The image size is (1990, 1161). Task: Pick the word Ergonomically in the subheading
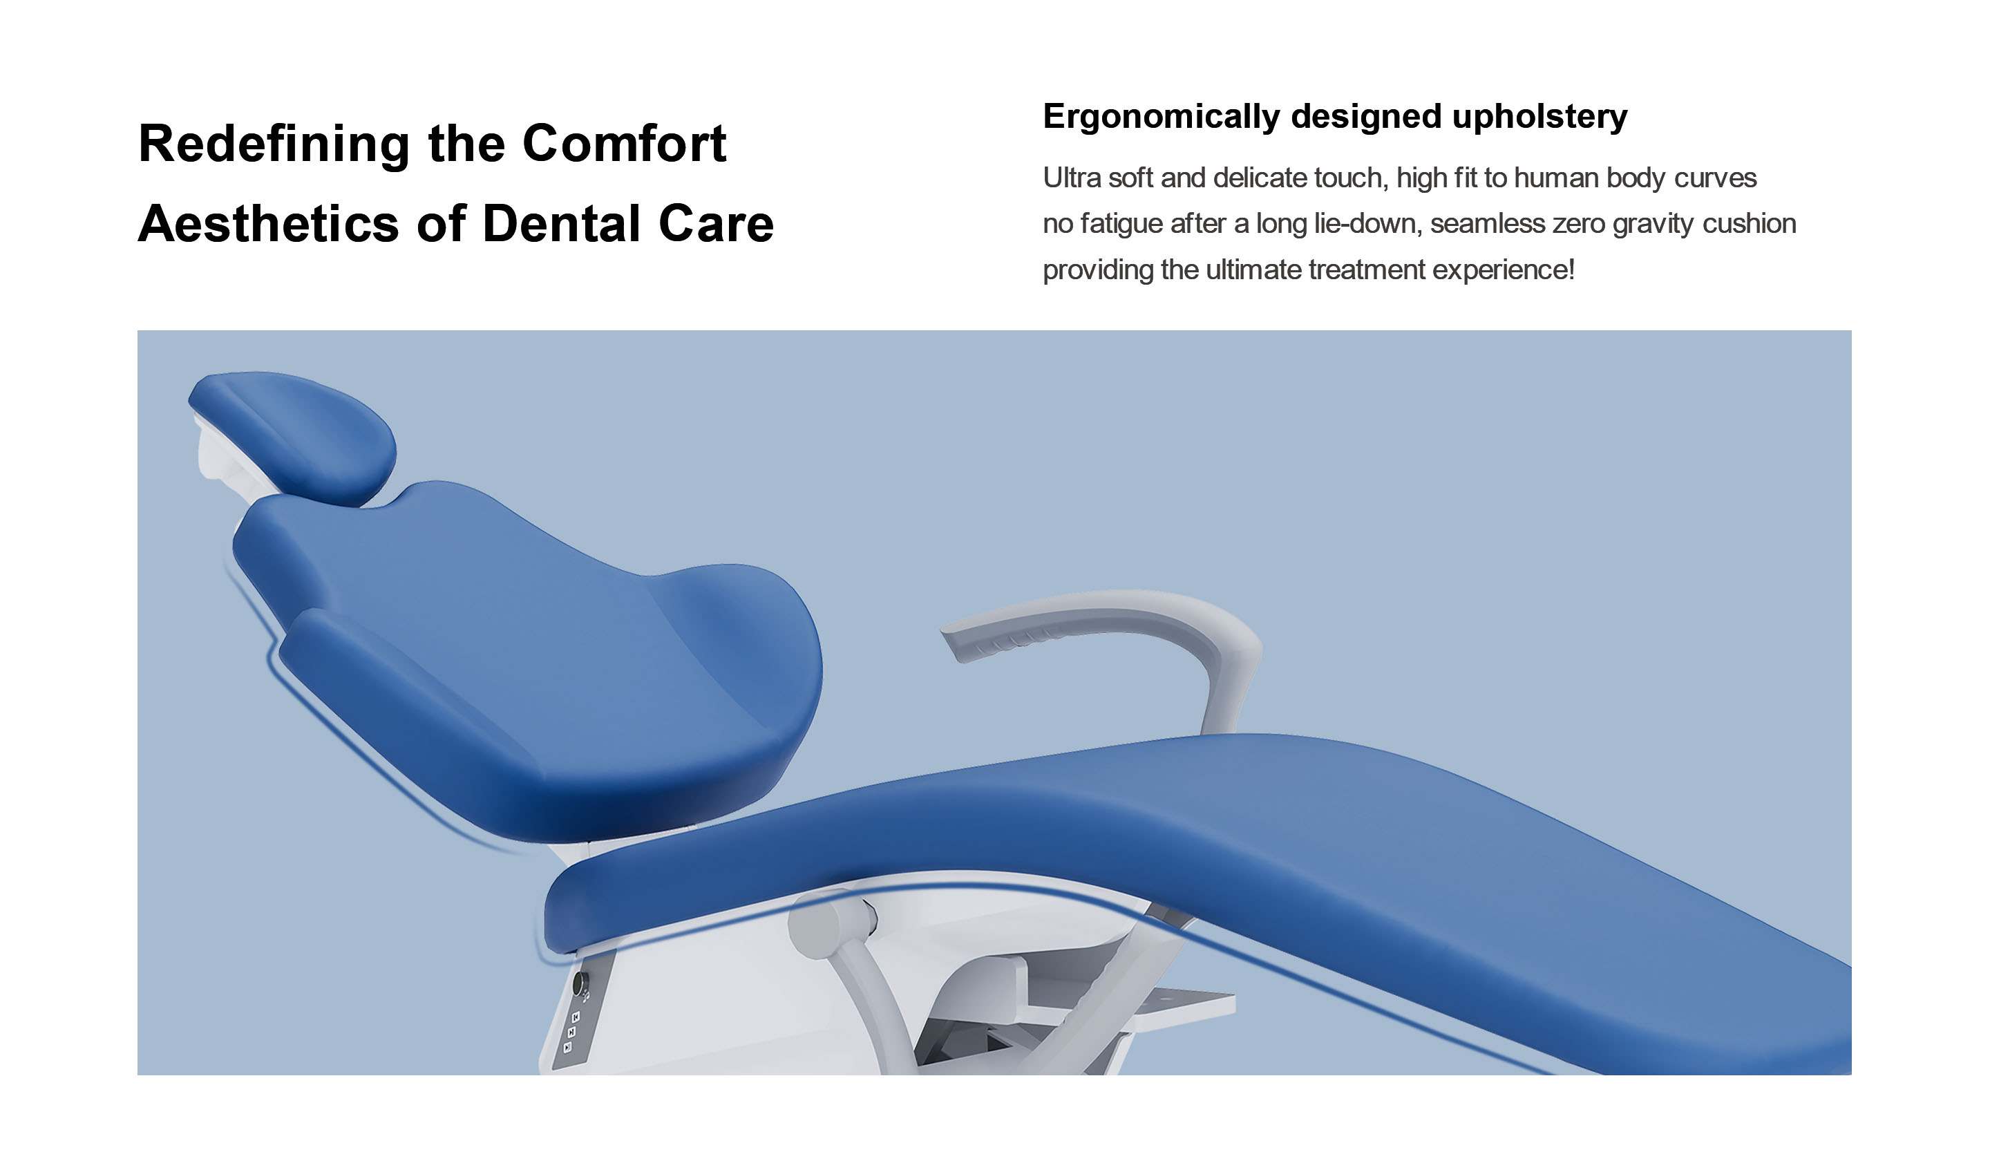1162,117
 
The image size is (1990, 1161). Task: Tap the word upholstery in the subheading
1540,117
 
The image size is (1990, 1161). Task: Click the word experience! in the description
1504,271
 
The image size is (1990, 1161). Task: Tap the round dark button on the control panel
580,984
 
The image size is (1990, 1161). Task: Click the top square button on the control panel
576,1017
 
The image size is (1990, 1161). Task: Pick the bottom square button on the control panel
568,1047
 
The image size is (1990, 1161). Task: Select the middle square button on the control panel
571,1032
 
